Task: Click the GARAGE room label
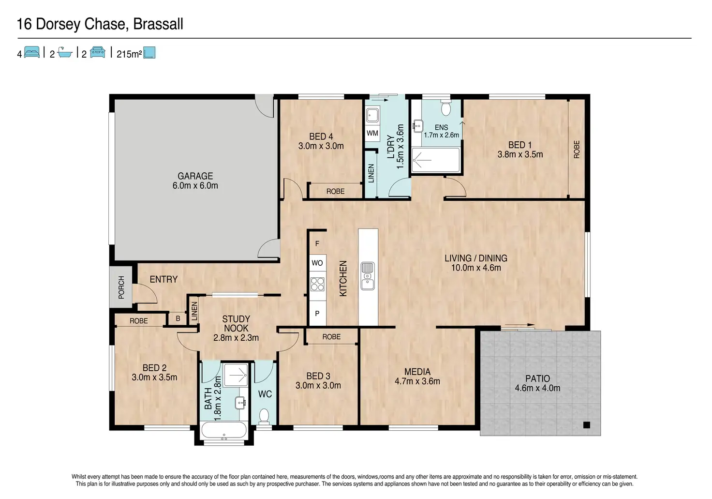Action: [195, 176]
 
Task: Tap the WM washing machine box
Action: [372, 133]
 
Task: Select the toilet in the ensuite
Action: [446, 107]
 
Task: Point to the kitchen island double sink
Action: [368, 276]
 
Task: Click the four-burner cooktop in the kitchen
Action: [317, 284]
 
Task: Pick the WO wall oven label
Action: [317, 263]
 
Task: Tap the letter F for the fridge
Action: [317, 243]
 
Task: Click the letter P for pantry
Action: [317, 314]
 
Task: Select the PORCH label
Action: [121, 287]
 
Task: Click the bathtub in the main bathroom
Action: [224, 430]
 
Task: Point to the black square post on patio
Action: [586, 424]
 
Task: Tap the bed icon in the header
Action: [32, 52]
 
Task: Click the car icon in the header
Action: [98, 52]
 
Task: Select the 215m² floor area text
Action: [129, 54]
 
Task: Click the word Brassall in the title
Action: [158, 24]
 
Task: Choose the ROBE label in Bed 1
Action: [576, 150]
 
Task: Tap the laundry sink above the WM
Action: [372, 115]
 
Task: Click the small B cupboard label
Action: [178, 318]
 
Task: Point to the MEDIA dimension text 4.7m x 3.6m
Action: [417, 381]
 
